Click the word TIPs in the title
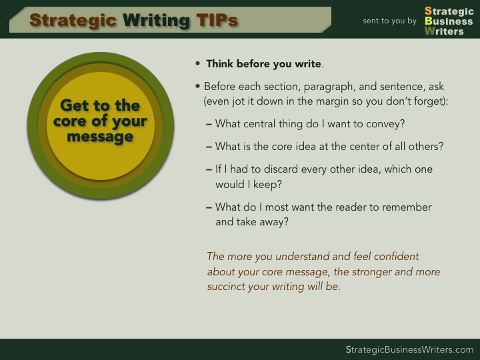(x=217, y=20)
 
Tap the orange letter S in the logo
(x=428, y=11)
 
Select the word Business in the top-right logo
(x=449, y=21)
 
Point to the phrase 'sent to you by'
(x=390, y=21)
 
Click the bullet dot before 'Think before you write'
(x=197, y=63)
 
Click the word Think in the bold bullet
(x=220, y=64)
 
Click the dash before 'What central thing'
(x=209, y=124)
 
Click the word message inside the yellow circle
(x=100, y=137)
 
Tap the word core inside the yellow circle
(x=70, y=121)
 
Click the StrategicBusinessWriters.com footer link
(x=409, y=349)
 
